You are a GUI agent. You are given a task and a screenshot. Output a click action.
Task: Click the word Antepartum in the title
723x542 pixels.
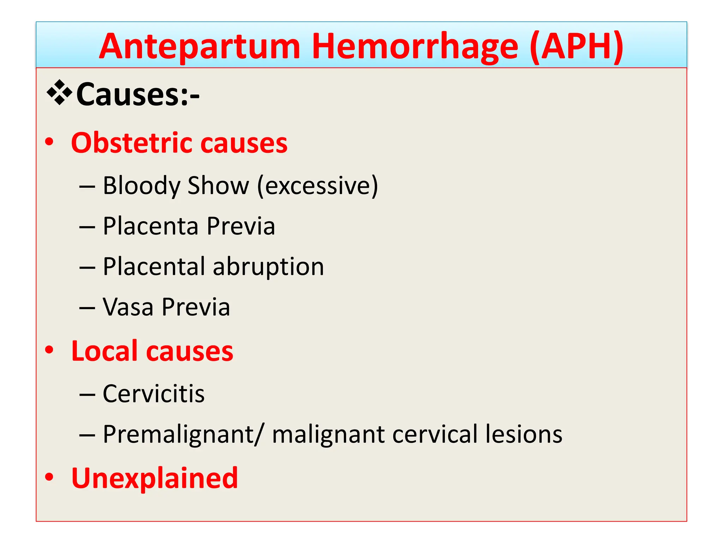(x=199, y=47)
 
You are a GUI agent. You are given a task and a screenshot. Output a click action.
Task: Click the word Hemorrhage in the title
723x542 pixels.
(x=415, y=47)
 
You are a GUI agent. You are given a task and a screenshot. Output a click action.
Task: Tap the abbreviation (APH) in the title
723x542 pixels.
(x=576, y=47)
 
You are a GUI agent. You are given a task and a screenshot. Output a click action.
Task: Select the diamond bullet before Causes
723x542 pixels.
(x=60, y=93)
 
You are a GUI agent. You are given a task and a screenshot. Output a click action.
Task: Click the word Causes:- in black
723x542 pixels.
(x=138, y=95)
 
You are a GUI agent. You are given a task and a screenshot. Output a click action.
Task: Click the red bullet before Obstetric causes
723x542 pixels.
(x=49, y=142)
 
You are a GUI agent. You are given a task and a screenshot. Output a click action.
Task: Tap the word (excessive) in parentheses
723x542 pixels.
(x=317, y=186)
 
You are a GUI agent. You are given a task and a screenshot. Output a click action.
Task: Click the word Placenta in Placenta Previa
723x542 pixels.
(x=150, y=226)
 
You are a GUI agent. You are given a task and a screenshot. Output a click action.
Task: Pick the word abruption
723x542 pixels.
(x=268, y=267)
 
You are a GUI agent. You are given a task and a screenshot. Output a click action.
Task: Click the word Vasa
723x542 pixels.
(x=128, y=307)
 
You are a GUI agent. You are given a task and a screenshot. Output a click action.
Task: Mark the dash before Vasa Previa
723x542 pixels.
(x=87, y=308)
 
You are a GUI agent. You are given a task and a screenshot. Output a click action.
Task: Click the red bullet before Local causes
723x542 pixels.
(x=49, y=350)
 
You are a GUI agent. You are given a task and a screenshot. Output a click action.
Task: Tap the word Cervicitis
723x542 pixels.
(x=154, y=394)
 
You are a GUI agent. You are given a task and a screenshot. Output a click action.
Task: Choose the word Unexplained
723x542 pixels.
(x=155, y=478)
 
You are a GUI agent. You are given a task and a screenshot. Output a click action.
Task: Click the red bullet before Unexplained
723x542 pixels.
(x=49, y=477)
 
